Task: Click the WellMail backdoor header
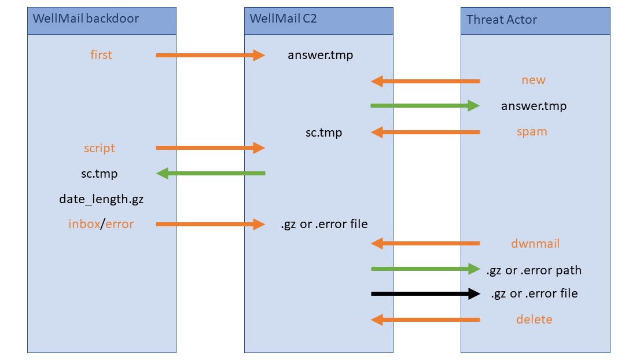(86, 18)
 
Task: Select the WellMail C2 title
(283, 18)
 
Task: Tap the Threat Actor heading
(502, 20)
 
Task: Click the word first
(101, 55)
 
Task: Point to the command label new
(533, 80)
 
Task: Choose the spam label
(532, 132)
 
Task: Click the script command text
(100, 148)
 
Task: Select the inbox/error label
(101, 224)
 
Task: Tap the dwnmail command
(535, 244)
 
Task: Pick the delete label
(534, 319)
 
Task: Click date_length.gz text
(101, 199)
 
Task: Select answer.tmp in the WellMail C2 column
(320, 56)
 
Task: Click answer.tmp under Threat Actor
(534, 106)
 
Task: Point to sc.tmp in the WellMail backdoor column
(100, 174)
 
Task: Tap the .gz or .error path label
(534, 270)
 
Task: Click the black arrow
(425, 294)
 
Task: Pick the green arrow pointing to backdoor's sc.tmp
(211, 173)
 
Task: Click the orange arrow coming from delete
(425, 319)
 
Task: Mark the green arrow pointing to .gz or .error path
(425, 269)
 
